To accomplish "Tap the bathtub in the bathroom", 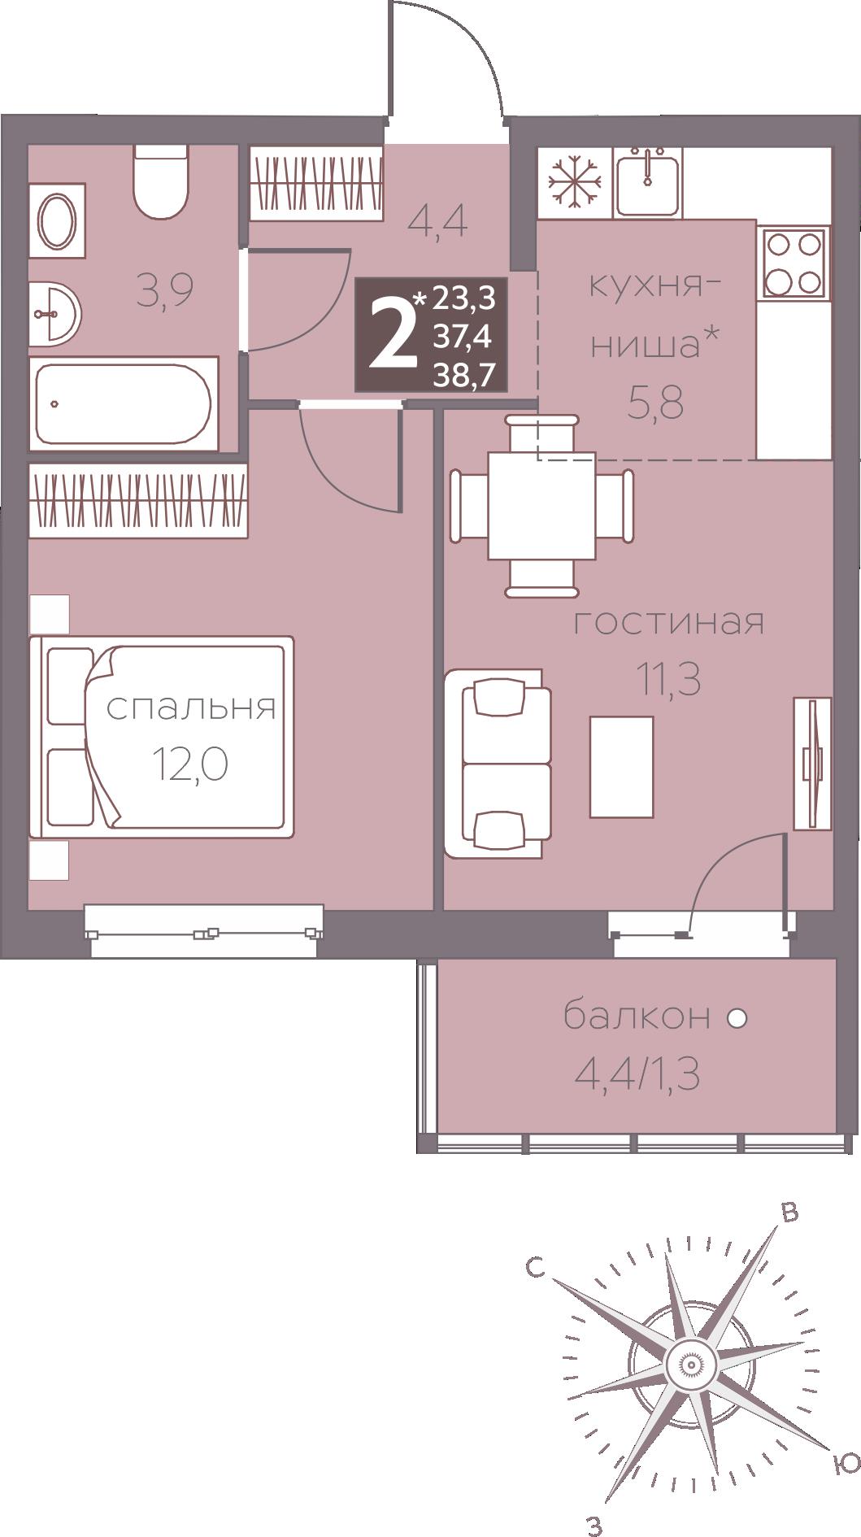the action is click(124, 403).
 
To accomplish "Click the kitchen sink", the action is click(647, 182).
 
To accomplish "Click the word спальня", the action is click(191, 708).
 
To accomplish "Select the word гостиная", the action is click(669, 623).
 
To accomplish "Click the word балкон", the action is click(637, 1017).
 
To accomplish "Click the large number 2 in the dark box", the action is click(391, 334).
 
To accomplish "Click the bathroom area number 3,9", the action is click(165, 291).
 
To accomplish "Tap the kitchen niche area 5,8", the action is click(654, 403).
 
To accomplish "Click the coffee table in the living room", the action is click(622, 766).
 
